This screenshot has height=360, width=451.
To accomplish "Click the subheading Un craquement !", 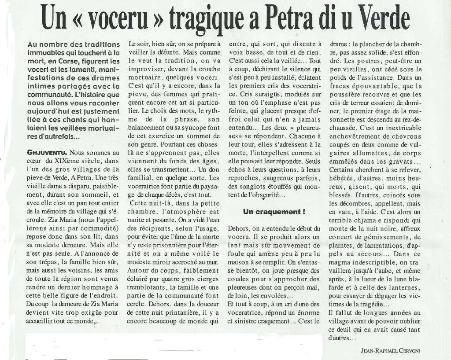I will click(x=274, y=212).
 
